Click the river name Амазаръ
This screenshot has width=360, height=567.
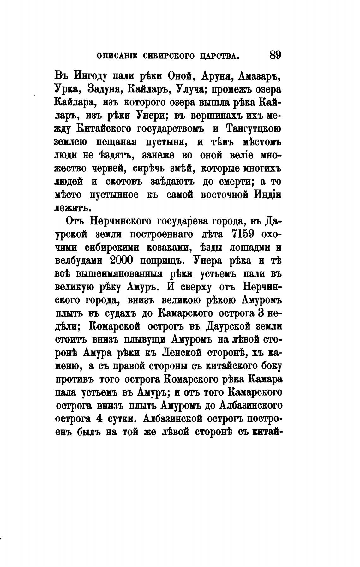click(x=259, y=76)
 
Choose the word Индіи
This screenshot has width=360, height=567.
click(x=267, y=195)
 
